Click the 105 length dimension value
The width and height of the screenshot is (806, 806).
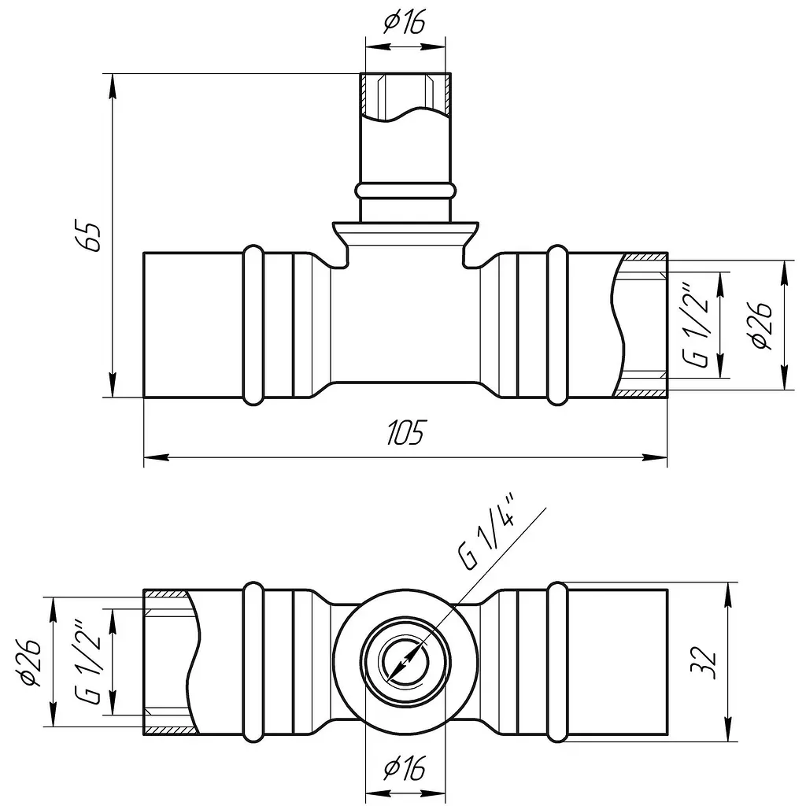tap(405, 433)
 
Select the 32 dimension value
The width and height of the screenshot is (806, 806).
tap(703, 663)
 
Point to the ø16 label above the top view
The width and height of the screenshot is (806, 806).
tap(405, 23)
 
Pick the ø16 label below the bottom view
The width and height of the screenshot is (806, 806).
tap(405, 769)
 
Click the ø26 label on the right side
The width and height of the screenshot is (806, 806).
tap(761, 325)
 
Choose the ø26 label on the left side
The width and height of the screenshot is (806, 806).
tap(30, 663)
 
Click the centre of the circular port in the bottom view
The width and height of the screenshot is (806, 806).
tap(405, 660)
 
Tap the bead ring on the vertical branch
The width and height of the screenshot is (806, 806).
tap(405, 190)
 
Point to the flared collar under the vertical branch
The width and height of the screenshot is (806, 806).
tap(405, 233)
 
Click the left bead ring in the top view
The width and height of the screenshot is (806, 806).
tap(253, 325)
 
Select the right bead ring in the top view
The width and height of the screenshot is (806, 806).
tap(558, 325)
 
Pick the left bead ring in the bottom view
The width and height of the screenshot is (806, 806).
tap(253, 663)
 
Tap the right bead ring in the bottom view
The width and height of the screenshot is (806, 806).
tap(558, 663)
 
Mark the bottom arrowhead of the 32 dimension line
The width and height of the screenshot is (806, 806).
tap(728, 730)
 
